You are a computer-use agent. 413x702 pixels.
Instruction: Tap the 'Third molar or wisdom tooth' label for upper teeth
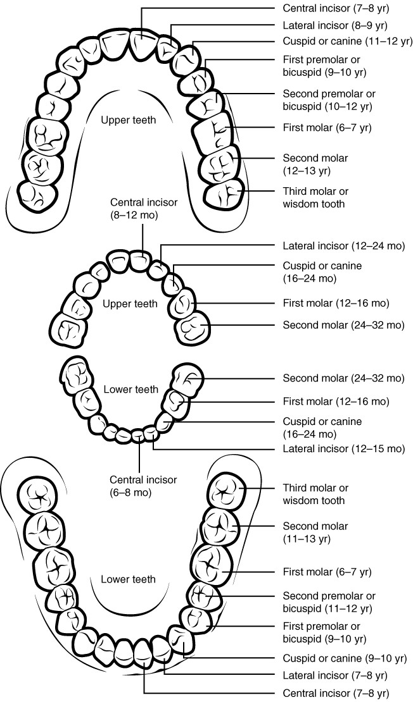click(315, 197)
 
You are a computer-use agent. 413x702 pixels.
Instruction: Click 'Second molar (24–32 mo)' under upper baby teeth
click(343, 325)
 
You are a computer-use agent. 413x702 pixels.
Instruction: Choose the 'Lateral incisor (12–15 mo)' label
click(343, 449)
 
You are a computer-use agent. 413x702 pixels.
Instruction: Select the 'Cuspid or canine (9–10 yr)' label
click(340, 657)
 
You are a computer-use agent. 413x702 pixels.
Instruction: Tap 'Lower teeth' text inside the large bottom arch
click(129, 579)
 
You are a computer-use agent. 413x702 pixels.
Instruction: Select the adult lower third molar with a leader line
click(227, 491)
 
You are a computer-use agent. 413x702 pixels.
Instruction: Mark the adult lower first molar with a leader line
click(212, 564)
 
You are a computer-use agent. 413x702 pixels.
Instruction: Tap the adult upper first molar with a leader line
click(214, 132)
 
